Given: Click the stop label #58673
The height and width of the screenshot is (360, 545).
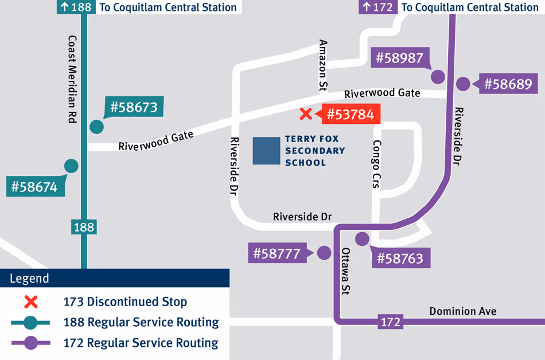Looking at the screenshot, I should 134,107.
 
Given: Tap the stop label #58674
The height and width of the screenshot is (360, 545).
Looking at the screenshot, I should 35,187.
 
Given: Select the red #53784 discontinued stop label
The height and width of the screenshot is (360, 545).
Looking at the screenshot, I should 350,115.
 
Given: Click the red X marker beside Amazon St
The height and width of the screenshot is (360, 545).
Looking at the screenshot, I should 306,114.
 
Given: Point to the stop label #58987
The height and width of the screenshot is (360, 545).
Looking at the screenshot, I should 400,58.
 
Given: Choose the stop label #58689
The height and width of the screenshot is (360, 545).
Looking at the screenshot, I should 508,84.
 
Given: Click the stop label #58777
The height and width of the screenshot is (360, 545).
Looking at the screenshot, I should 277,253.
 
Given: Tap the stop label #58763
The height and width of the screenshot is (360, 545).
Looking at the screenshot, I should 400,259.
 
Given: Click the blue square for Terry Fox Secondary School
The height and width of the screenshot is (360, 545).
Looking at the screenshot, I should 266,151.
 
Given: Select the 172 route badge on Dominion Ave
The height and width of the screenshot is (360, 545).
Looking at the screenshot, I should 390,322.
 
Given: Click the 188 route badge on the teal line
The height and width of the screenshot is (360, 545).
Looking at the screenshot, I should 83,227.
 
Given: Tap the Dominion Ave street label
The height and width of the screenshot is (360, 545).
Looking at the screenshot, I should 463,311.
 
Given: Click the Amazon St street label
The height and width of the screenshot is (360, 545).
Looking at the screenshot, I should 323,65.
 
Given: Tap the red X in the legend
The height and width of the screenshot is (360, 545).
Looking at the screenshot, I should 30,302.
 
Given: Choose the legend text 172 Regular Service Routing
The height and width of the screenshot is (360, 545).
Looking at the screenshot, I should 141,343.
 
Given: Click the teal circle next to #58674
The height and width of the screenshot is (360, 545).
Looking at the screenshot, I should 71,166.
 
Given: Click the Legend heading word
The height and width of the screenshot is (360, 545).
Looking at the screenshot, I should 29,279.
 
